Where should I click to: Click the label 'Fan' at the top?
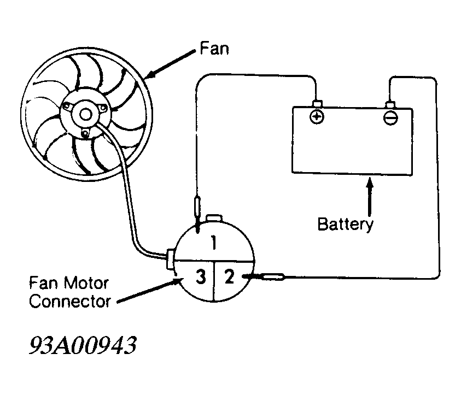214,48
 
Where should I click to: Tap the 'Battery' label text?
346,225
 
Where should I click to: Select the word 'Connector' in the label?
70,302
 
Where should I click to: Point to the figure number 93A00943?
83,345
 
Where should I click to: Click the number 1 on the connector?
214,243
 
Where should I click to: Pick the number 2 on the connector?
229,276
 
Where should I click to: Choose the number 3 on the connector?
201,277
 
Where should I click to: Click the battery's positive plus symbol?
317,117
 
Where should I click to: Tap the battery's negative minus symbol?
391,118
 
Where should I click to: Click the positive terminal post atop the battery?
317,104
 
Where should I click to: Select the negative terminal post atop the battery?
391,105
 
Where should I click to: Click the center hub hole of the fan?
85,115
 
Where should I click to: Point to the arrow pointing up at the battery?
370,197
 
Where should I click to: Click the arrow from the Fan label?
170,64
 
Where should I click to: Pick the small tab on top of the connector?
214,218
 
